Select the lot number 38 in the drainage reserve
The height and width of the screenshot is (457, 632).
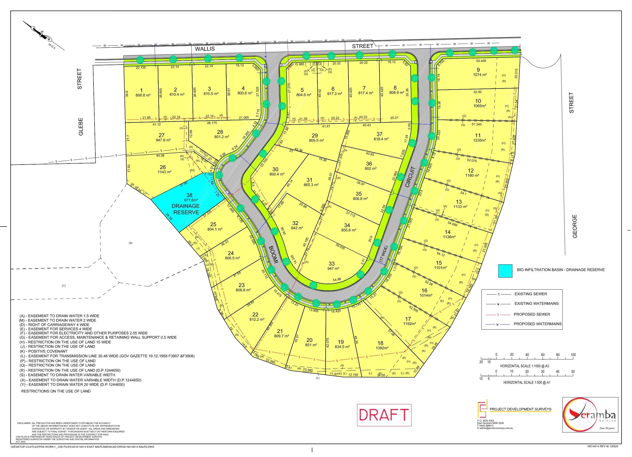[x=189, y=195]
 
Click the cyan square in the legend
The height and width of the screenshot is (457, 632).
[x=505, y=271]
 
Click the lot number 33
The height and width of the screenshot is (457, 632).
[x=332, y=264]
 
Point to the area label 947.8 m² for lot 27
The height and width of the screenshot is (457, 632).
[x=163, y=140]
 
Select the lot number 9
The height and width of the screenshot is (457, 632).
[x=478, y=70]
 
